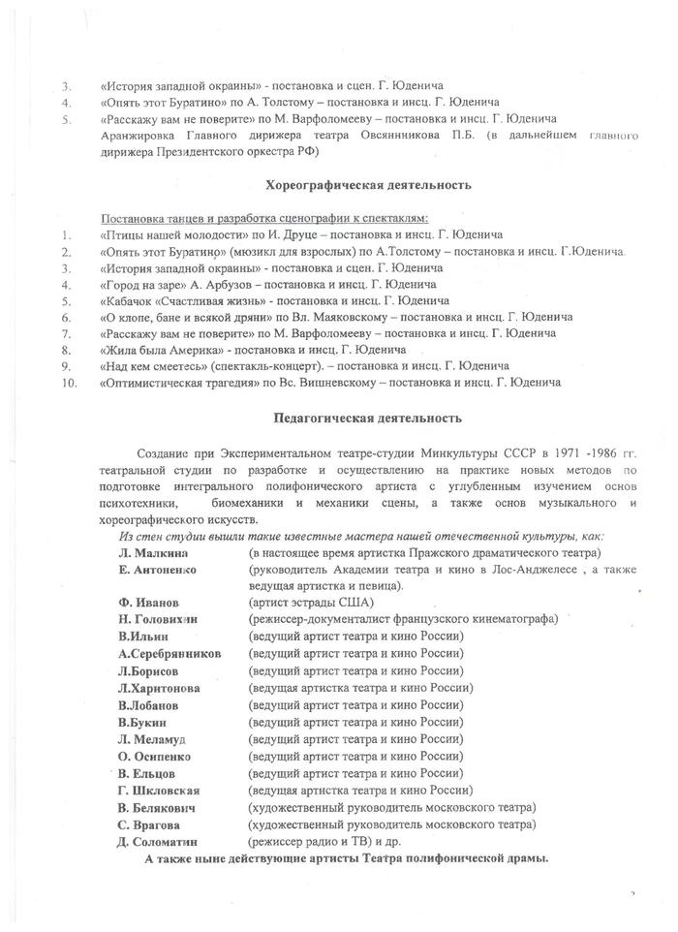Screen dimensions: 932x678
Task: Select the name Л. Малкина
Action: pyautogui.click(x=150, y=550)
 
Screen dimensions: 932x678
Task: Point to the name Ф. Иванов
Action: pyautogui.click(x=147, y=602)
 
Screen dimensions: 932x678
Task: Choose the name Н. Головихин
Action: pyautogui.click(x=158, y=619)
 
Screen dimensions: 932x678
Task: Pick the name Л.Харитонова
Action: pyautogui.click(x=160, y=688)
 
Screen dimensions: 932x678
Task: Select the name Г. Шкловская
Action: pyautogui.click(x=159, y=791)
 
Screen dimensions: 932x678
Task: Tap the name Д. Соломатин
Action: pyautogui.click(x=157, y=843)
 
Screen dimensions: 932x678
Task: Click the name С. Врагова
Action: pyautogui.click(x=150, y=825)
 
